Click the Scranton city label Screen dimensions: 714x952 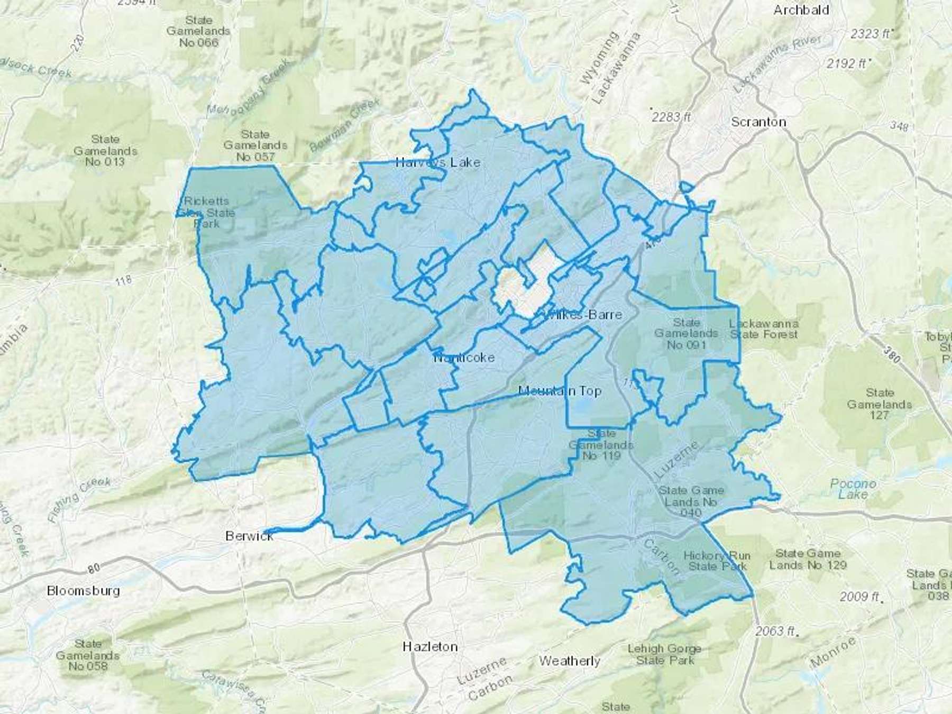point(758,122)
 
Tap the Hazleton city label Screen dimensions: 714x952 point(429,646)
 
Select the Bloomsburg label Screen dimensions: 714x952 point(83,590)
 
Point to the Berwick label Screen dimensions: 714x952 point(249,536)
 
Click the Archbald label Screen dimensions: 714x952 point(801,10)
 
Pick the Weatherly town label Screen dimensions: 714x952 point(570,661)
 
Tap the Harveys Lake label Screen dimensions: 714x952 point(438,162)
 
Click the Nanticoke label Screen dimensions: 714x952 point(464,358)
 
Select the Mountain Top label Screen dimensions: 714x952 point(560,391)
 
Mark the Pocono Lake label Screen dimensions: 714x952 point(853,489)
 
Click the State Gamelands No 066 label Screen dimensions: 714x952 point(198,31)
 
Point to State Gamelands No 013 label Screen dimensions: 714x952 point(105,150)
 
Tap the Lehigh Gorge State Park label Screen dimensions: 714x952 point(664,654)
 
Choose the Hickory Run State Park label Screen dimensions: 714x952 point(717,561)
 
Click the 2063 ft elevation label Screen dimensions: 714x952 point(775,630)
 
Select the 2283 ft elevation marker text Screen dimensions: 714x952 point(671,116)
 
